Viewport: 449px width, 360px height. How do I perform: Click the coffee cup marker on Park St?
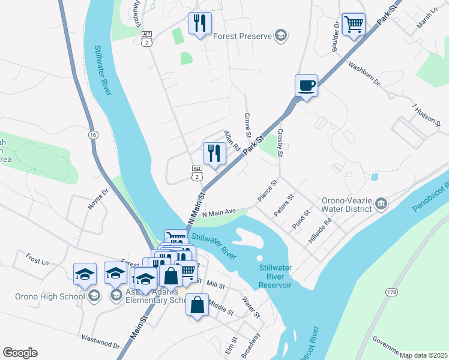306,85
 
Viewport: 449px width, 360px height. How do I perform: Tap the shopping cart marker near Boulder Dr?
354,25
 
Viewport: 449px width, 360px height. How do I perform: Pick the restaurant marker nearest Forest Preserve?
200,23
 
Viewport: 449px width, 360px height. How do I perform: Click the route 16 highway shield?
92,135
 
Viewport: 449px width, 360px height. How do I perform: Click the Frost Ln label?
37,260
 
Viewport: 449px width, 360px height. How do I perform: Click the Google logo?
20,353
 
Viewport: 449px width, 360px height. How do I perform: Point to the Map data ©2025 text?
423,355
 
